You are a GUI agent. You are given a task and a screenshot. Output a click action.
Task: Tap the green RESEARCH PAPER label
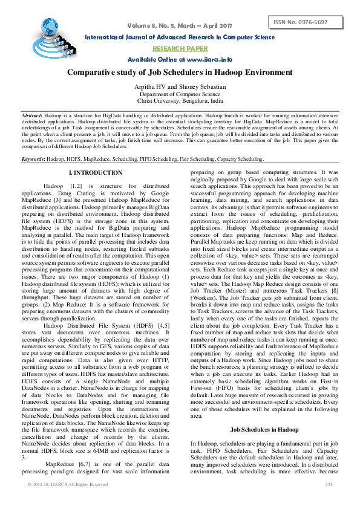180,48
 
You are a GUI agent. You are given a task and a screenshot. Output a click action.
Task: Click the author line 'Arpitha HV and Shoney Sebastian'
180,88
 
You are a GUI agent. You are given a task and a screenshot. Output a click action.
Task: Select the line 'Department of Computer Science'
180,94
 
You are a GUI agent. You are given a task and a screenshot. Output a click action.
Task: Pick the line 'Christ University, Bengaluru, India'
180,102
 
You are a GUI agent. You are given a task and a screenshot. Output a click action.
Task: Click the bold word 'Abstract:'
32,115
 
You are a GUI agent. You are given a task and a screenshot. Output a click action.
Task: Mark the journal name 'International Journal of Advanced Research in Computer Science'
180,37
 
